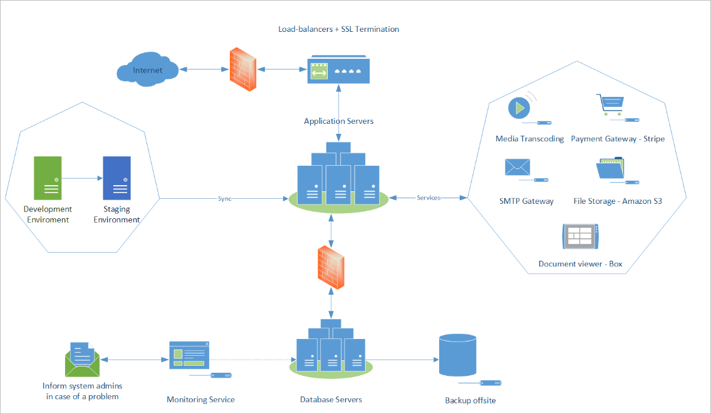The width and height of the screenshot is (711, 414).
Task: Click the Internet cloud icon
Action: coord(147,69)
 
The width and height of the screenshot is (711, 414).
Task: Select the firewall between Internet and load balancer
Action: coord(242,69)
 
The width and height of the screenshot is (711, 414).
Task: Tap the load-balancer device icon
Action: coord(338,71)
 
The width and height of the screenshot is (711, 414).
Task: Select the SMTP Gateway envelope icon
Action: coord(517,168)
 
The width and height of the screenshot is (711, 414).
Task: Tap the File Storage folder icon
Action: coord(611,168)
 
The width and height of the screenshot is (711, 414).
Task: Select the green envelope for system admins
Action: coord(82,360)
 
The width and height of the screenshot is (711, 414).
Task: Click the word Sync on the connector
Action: coord(225,198)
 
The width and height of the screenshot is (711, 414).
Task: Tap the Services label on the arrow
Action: coord(428,198)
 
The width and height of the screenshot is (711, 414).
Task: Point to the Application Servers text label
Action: coord(338,121)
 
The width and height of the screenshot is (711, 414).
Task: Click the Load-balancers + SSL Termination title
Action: coord(338,29)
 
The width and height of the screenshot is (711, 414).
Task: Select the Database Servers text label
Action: coord(331,399)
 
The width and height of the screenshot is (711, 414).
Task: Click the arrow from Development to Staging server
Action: coord(82,178)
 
